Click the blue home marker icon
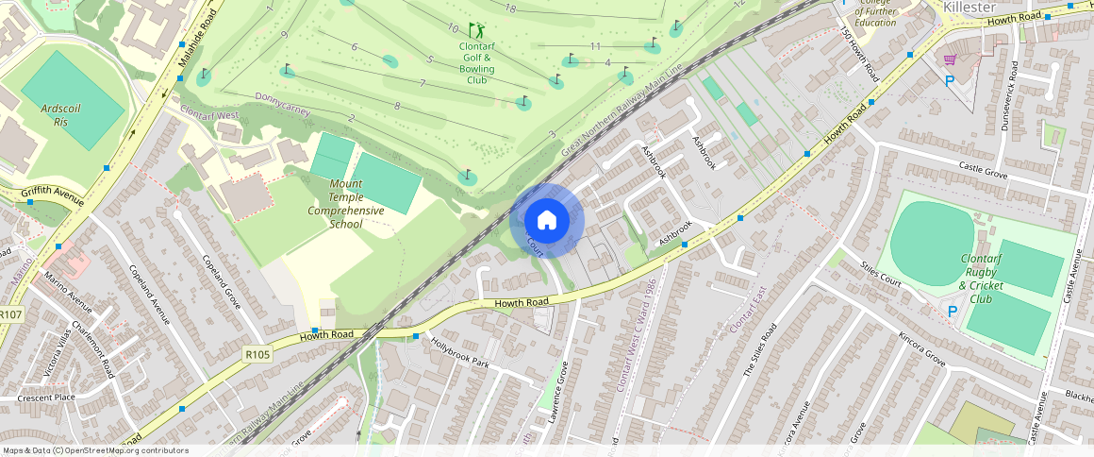[547, 221]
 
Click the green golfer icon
[476, 30]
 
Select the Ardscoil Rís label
[61, 115]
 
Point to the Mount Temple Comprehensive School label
[346, 204]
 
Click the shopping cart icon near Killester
[950, 59]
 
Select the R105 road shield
[257, 355]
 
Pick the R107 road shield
[11, 314]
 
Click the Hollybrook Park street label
[460, 352]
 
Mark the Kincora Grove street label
[921, 348]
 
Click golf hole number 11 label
[595, 46]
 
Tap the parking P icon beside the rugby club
[952, 311]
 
